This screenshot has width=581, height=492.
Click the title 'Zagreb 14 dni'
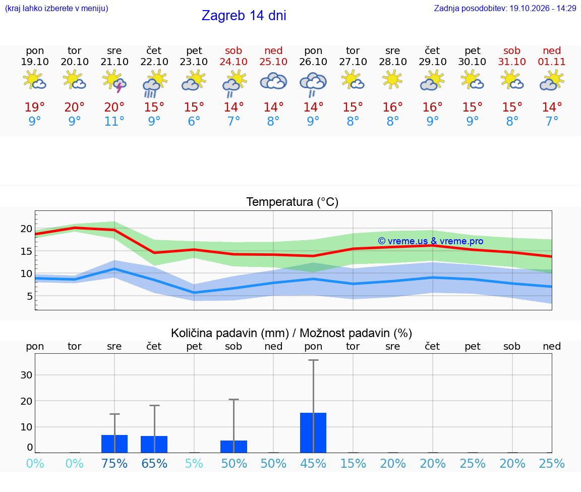tap(244, 16)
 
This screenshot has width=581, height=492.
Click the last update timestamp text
tap(505, 8)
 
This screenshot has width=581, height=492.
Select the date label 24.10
tap(234, 62)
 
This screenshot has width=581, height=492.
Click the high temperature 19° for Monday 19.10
tap(34, 107)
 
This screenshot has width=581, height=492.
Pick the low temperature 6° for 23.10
tap(194, 121)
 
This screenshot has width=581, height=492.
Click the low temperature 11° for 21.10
tap(114, 121)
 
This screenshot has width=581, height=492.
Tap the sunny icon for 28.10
tap(392, 80)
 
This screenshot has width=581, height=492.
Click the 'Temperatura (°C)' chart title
tap(292, 202)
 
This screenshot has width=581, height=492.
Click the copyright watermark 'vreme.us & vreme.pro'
tap(431, 241)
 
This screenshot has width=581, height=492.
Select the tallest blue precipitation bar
tap(313, 432)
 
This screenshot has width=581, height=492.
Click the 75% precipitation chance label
tap(114, 463)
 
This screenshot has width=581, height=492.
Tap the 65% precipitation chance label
tap(154, 463)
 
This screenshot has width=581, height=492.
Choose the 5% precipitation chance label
tap(194, 463)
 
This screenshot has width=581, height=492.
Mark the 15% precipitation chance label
tap(353, 463)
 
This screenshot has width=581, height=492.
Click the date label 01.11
tap(552, 62)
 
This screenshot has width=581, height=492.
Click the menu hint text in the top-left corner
tap(56, 8)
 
